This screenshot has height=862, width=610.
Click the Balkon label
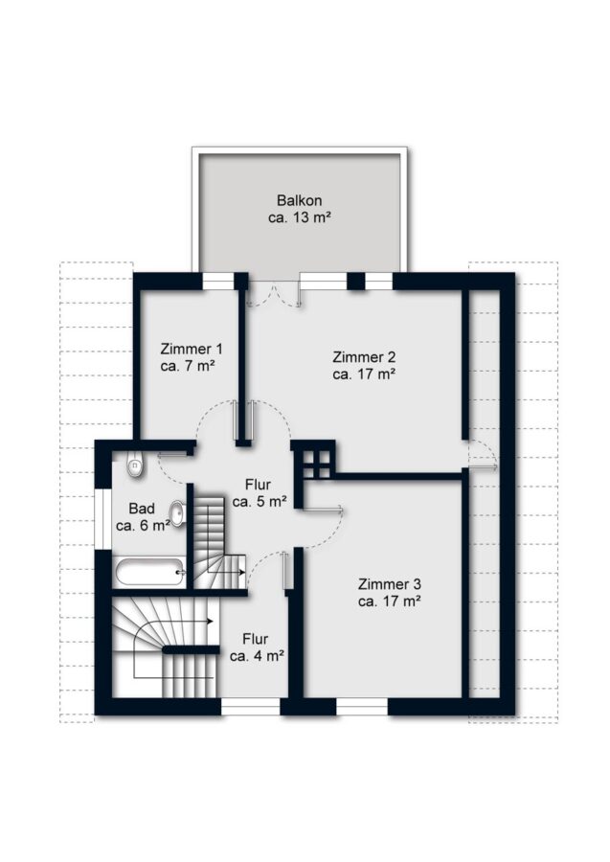(300, 200)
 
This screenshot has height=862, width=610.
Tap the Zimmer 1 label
(192, 349)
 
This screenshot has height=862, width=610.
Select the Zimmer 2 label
(364, 357)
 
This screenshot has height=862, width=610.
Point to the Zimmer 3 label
(390, 584)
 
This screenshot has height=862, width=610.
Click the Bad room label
(142, 509)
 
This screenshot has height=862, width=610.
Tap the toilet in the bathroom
(135, 465)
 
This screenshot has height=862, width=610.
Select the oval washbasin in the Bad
(177, 512)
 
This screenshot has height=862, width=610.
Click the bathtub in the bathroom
(149, 573)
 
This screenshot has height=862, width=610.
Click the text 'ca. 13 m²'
(300, 217)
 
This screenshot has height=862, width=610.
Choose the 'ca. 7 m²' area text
(188, 366)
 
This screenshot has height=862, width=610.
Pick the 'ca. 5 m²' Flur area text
(260, 501)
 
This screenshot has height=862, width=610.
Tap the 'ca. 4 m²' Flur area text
(257, 656)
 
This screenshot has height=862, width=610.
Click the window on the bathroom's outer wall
(102, 518)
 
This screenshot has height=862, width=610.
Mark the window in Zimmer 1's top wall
(218, 281)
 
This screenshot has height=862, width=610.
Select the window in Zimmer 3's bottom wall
(362, 707)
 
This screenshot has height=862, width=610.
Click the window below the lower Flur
(251, 707)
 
